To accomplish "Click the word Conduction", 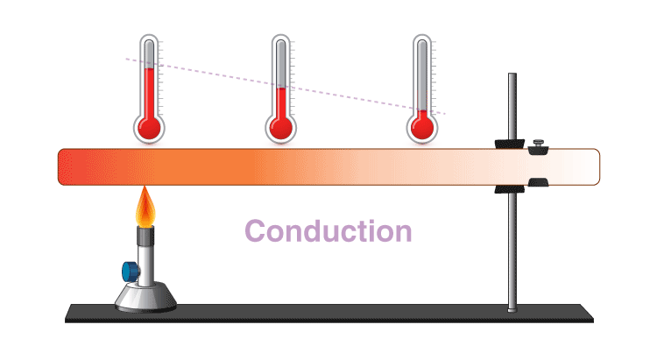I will click(328, 231).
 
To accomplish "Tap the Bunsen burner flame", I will click(145, 208).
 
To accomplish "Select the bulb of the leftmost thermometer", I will click(149, 128).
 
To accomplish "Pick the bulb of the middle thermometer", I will click(280, 128).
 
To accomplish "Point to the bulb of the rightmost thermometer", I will click(423, 128).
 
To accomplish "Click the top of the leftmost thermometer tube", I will click(149, 41).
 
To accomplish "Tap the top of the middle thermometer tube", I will click(280, 41).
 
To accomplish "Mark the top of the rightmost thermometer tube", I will click(423, 41).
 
